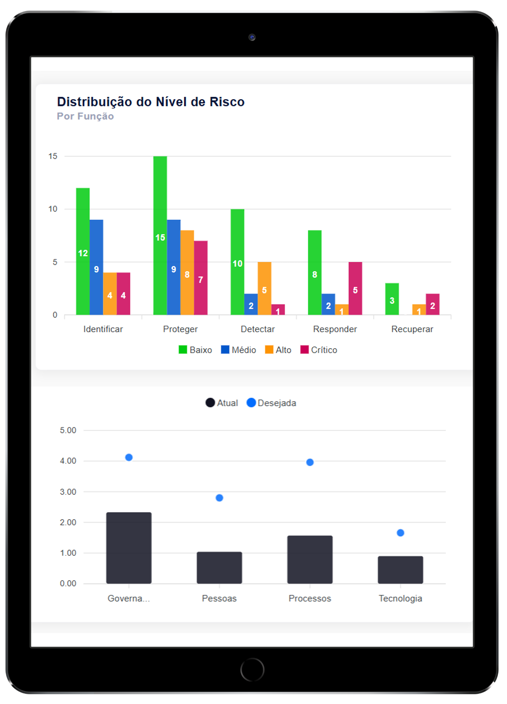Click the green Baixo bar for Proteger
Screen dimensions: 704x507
pyautogui.click(x=160, y=235)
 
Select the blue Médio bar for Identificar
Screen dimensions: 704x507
pyautogui.click(x=96, y=267)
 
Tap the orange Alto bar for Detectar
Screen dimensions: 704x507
pyautogui.click(x=264, y=288)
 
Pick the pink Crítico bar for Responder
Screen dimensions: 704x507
pyautogui.click(x=355, y=288)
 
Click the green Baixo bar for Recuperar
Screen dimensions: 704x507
pyautogui.click(x=392, y=299)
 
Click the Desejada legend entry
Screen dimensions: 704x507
pyautogui.click(x=271, y=403)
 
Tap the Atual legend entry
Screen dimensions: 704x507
pyautogui.click(x=222, y=403)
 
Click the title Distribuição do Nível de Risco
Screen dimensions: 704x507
pyautogui.click(x=151, y=102)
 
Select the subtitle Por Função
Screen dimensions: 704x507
pyautogui.click(x=85, y=116)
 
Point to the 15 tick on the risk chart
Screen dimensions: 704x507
pyautogui.click(x=53, y=156)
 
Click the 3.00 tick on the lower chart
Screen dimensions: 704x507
pyautogui.click(x=68, y=492)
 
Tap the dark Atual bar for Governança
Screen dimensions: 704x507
pyautogui.click(x=129, y=548)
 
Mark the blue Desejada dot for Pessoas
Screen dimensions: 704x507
pyautogui.click(x=219, y=498)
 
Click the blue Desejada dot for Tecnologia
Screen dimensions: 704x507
pyautogui.click(x=400, y=533)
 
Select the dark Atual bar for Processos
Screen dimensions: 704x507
pyautogui.click(x=310, y=560)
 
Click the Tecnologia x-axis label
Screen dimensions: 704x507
pyautogui.click(x=400, y=598)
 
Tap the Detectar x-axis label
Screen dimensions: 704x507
pyautogui.click(x=258, y=329)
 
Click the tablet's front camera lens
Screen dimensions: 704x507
pyautogui.click(x=252, y=37)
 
